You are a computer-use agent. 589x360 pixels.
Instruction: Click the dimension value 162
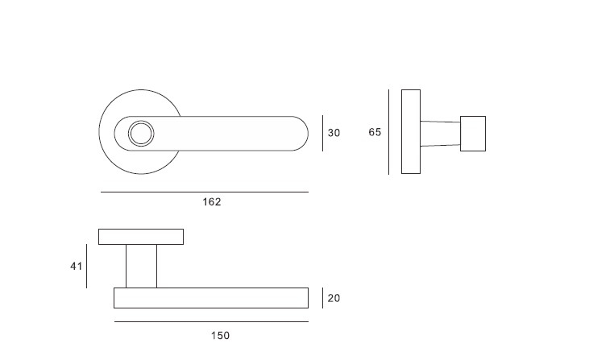212,202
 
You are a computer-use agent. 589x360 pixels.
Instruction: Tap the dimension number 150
220,335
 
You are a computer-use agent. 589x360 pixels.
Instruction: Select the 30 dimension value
334,133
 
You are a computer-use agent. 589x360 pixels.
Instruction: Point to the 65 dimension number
375,132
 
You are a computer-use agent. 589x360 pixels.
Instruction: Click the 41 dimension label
77,266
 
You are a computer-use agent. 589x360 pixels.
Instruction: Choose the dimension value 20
334,298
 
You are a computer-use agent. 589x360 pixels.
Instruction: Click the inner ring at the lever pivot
141,133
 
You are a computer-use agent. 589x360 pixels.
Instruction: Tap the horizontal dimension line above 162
205,192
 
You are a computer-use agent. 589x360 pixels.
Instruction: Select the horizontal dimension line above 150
211,321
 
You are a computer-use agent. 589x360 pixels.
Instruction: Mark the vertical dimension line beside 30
322,133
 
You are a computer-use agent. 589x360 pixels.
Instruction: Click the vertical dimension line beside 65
389,132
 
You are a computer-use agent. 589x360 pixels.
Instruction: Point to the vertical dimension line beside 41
87,266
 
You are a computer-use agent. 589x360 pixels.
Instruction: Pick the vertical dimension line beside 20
322,298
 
